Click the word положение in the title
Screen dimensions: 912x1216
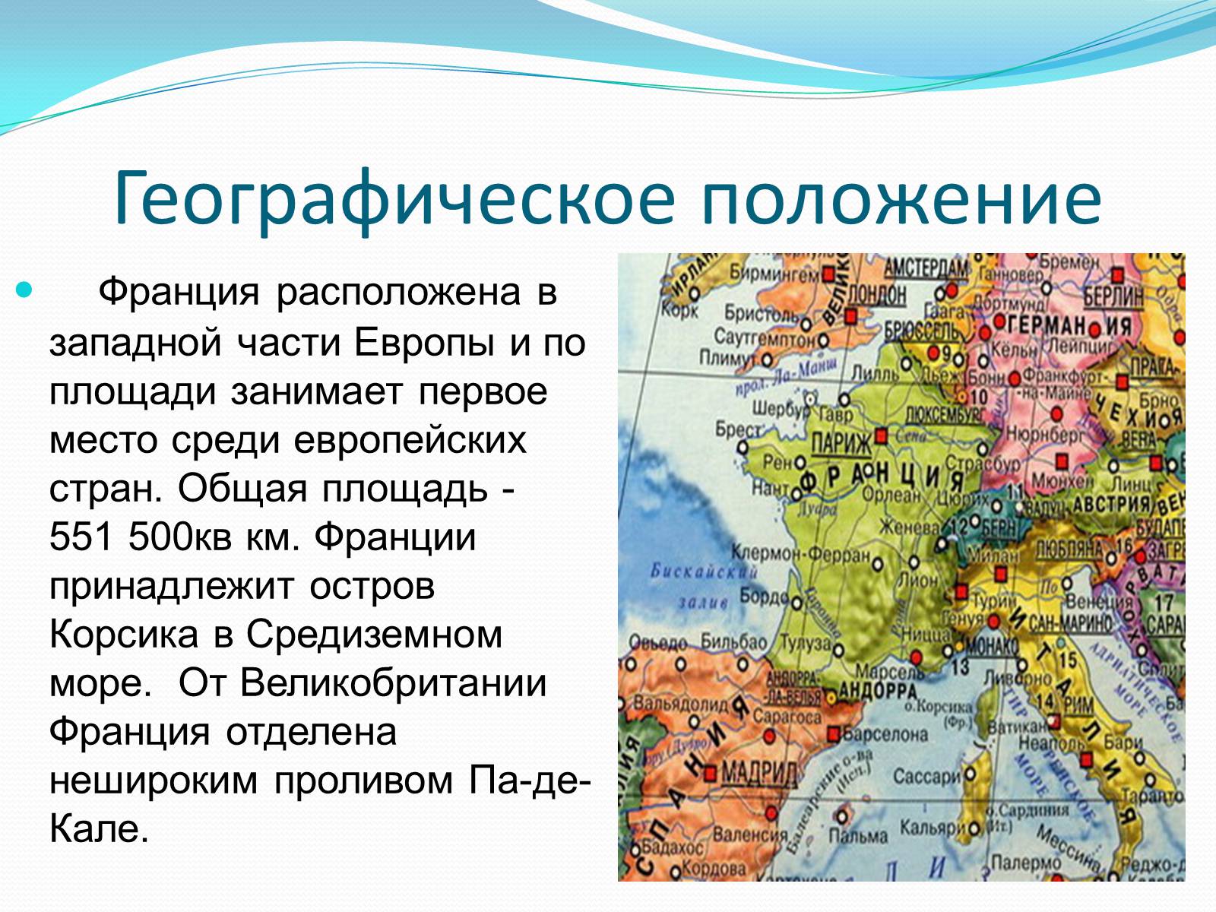click(901, 199)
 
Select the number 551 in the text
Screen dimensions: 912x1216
click(82, 537)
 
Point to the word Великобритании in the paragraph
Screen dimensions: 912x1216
click(393, 682)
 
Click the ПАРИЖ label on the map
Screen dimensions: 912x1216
click(841, 442)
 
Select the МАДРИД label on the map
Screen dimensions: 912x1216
click(758, 773)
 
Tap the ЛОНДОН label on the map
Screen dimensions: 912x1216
click(876, 294)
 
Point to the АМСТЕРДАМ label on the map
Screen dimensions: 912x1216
click(926, 268)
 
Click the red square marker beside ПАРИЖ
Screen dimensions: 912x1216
click(881, 436)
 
